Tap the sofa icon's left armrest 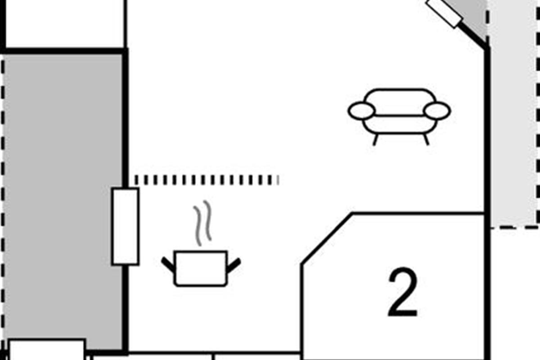(361, 111)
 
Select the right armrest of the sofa (437, 111)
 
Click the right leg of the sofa (426, 139)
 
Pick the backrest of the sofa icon (399, 97)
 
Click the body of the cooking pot (201, 268)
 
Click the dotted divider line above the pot (206, 180)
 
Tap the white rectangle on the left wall (125, 226)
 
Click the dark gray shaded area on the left (63, 198)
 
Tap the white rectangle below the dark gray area (47, 350)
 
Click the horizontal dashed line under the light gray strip (515, 228)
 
